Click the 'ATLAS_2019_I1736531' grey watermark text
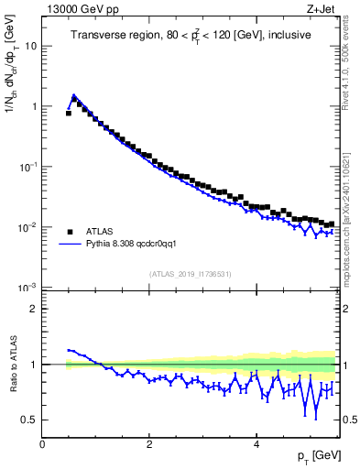click(x=190, y=275)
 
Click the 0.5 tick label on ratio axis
click(x=29, y=420)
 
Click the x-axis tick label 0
click(x=43, y=444)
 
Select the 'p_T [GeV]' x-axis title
click(x=319, y=457)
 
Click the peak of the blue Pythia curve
click(x=73, y=94)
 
